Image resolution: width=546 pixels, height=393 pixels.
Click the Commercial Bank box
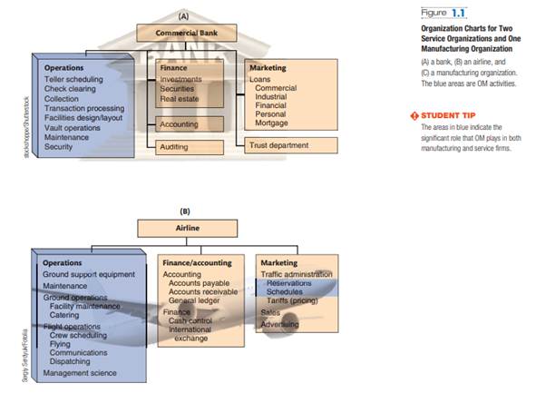click(x=184, y=34)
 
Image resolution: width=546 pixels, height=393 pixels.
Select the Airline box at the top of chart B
click(x=188, y=229)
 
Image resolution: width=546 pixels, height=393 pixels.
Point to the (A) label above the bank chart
click(x=183, y=15)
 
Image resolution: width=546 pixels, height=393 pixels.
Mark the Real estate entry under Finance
click(x=179, y=99)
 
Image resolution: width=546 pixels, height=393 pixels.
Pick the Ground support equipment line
click(x=89, y=274)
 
